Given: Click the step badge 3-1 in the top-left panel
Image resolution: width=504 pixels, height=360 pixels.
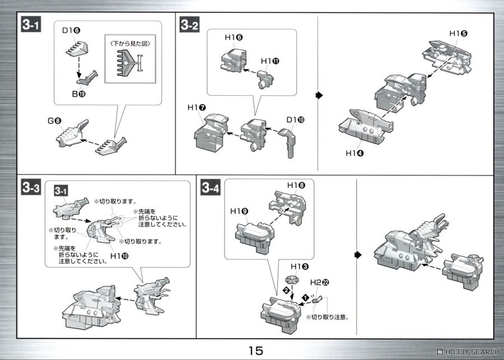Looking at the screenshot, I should click(x=31, y=25).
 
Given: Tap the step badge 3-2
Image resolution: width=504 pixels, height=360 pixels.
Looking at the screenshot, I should click(x=189, y=25).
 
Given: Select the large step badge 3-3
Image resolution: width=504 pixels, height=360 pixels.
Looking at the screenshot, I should click(x=31, y=189).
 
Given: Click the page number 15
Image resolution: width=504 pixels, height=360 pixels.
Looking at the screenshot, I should click(x=252, y=351).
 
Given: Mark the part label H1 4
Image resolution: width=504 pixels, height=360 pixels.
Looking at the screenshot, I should click(x=354, y=152).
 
